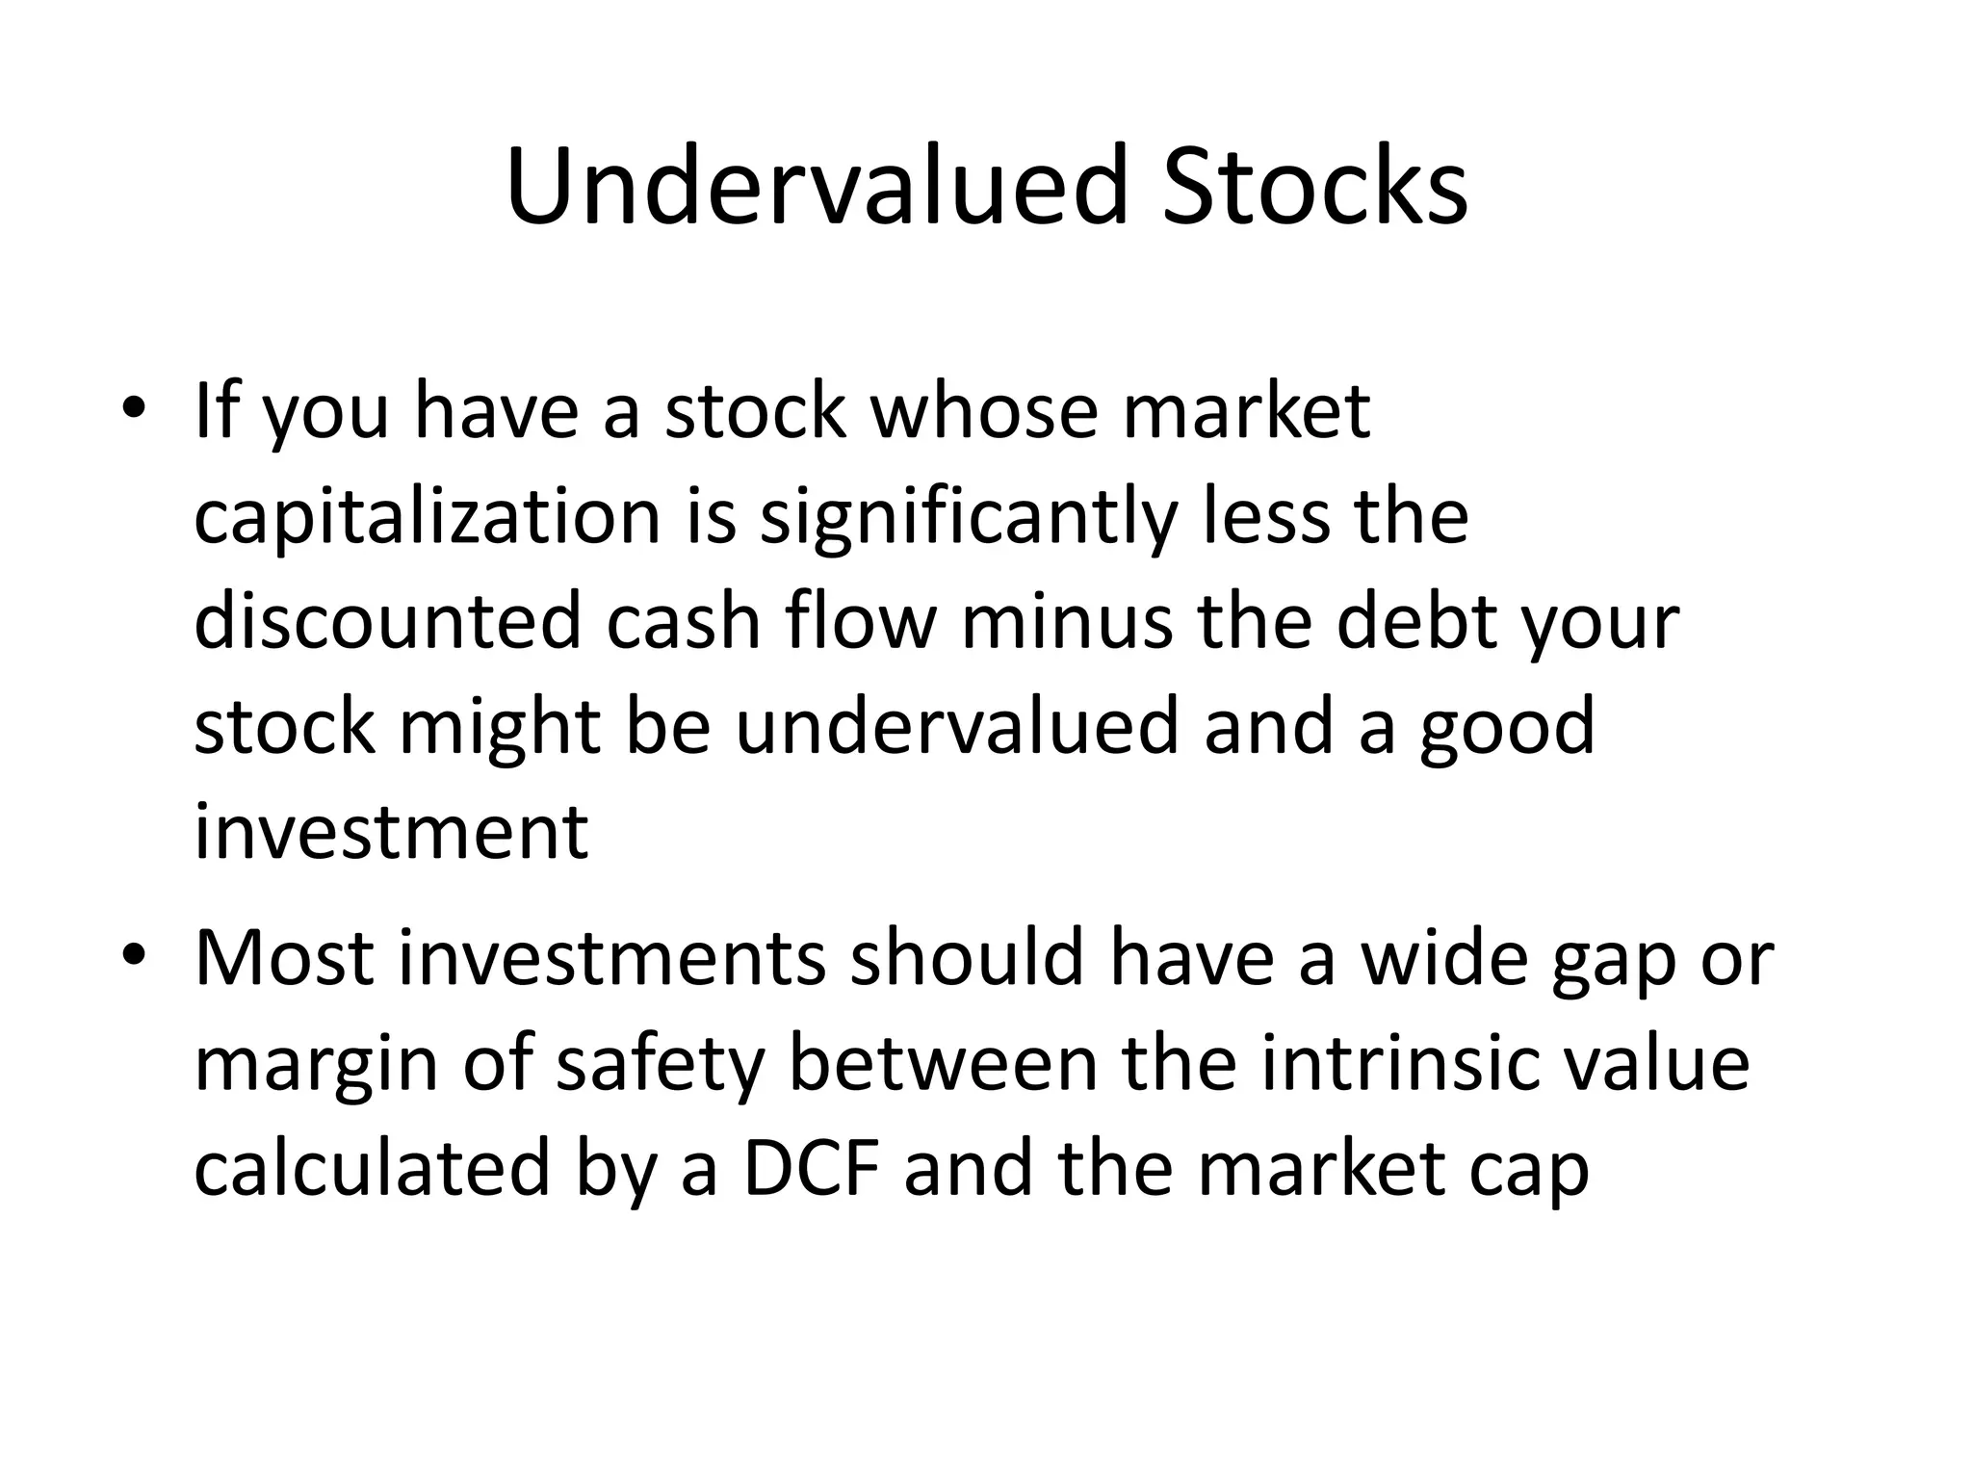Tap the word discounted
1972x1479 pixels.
coord(387,621)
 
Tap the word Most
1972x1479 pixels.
coord(284,959)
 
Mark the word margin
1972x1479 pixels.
coord(317,1067)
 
